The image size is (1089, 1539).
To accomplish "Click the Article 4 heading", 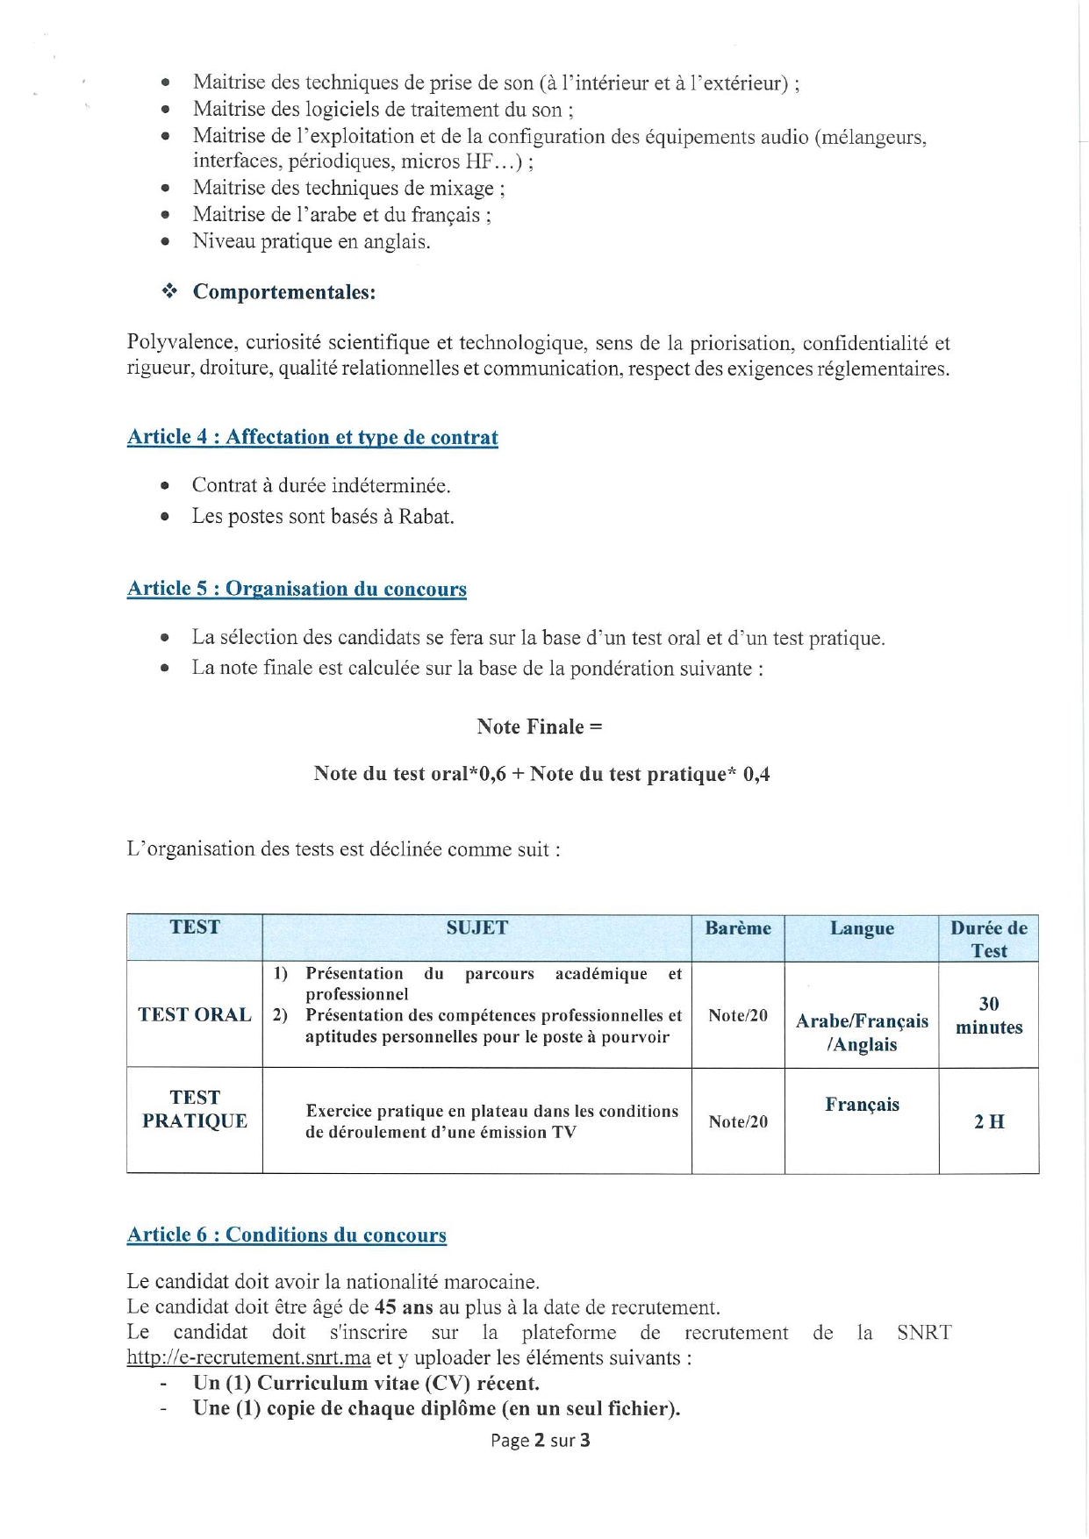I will pos(312,437).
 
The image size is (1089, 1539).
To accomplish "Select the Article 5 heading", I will pos(297,589).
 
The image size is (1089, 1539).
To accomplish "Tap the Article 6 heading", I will pos(286,1235).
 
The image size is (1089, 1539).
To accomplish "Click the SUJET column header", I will pos(476,927).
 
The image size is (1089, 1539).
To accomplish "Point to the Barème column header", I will pos(737,928).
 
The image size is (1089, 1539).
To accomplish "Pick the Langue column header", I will pos(862,928).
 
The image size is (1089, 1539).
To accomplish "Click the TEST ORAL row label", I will pos(195,1015).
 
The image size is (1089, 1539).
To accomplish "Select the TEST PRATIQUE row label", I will pos(195,1109).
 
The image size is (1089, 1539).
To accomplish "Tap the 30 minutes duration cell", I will pos(989,1015).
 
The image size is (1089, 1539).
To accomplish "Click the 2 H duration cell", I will pos(989,1121).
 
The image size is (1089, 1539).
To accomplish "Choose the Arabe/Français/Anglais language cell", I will pos(862,1033).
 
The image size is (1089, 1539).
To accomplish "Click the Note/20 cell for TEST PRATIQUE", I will pos(737,1121).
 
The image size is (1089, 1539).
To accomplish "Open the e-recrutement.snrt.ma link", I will pos(248,1357).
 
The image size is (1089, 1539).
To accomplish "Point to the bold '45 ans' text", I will pos(404,1307).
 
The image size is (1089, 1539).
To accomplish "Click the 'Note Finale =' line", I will pos(540,727).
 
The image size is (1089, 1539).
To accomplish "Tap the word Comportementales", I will pos(283,292).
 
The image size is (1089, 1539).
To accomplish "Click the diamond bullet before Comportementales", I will pos(169,291).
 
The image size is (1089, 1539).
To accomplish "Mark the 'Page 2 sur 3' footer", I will pos(540,1440).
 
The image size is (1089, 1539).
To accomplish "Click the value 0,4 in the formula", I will pos(756,774).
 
